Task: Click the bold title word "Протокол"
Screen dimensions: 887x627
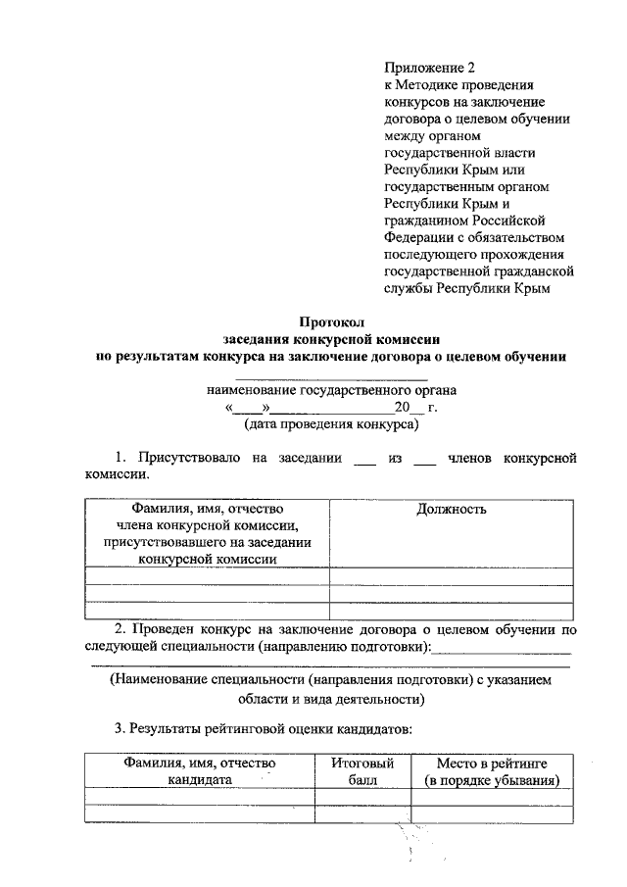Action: (331, 321)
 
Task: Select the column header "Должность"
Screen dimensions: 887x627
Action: (451, 509)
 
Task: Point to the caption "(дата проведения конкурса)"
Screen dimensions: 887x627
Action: (331, 425)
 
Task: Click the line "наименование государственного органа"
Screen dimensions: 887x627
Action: (331, 390)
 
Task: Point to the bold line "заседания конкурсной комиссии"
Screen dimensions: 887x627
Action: (331, 339)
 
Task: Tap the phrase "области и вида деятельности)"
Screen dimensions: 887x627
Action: (331, 700)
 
